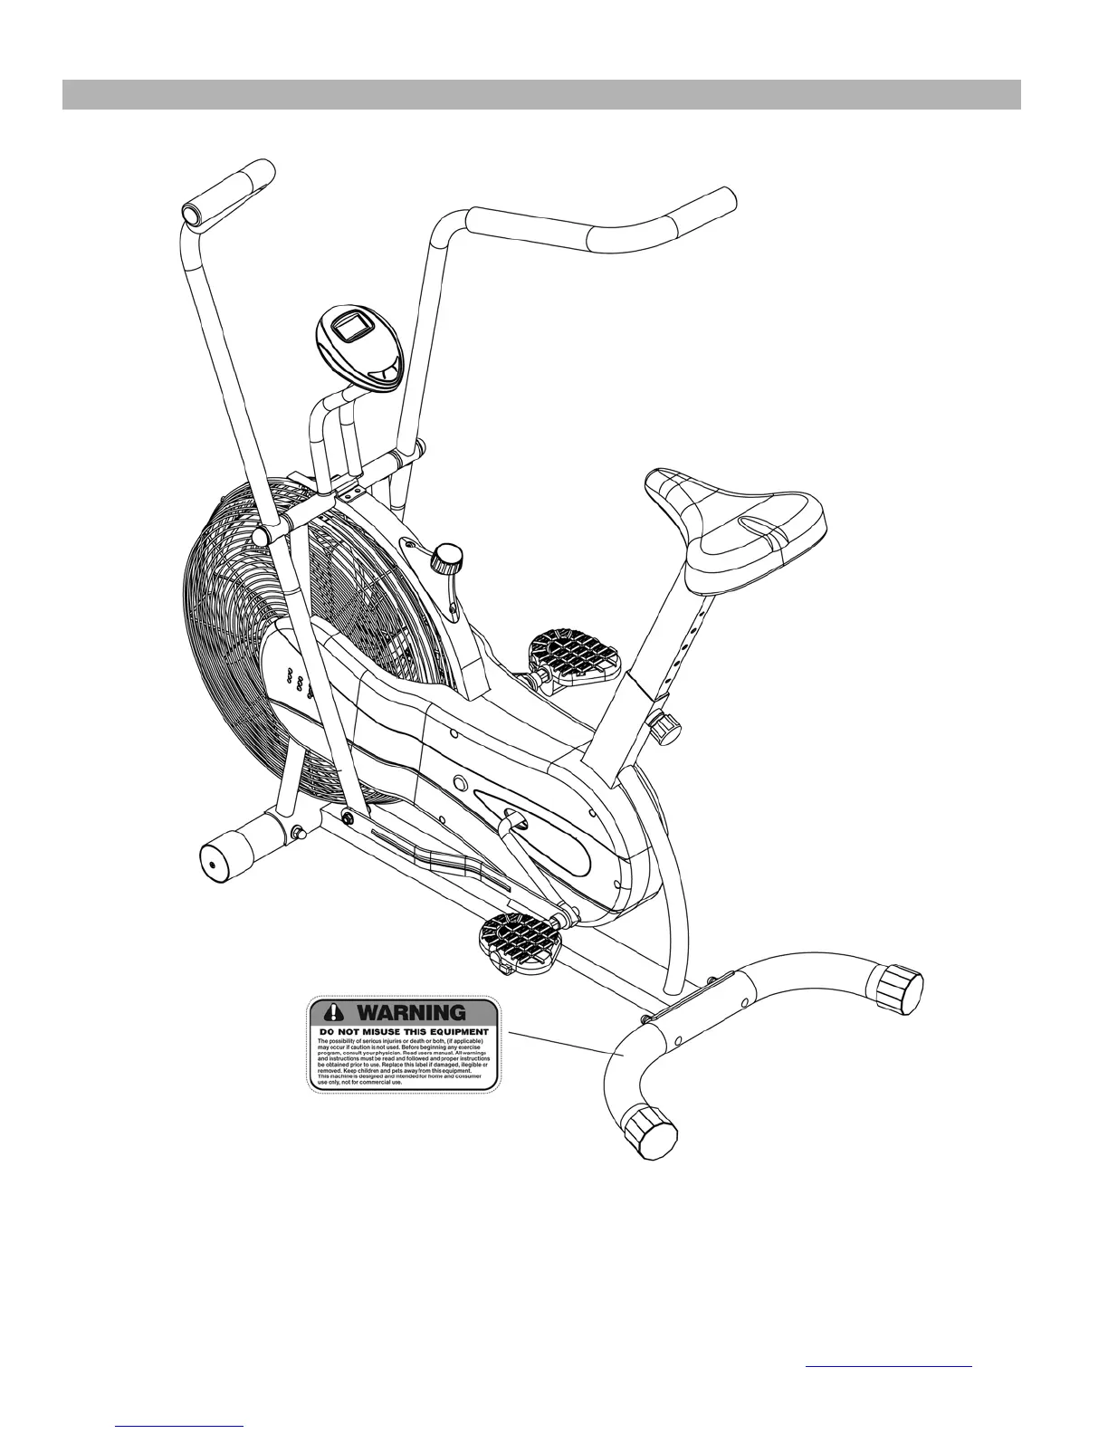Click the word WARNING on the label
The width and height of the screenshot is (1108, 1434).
(414, 1011)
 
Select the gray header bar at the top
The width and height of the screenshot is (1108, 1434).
(541, 94)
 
